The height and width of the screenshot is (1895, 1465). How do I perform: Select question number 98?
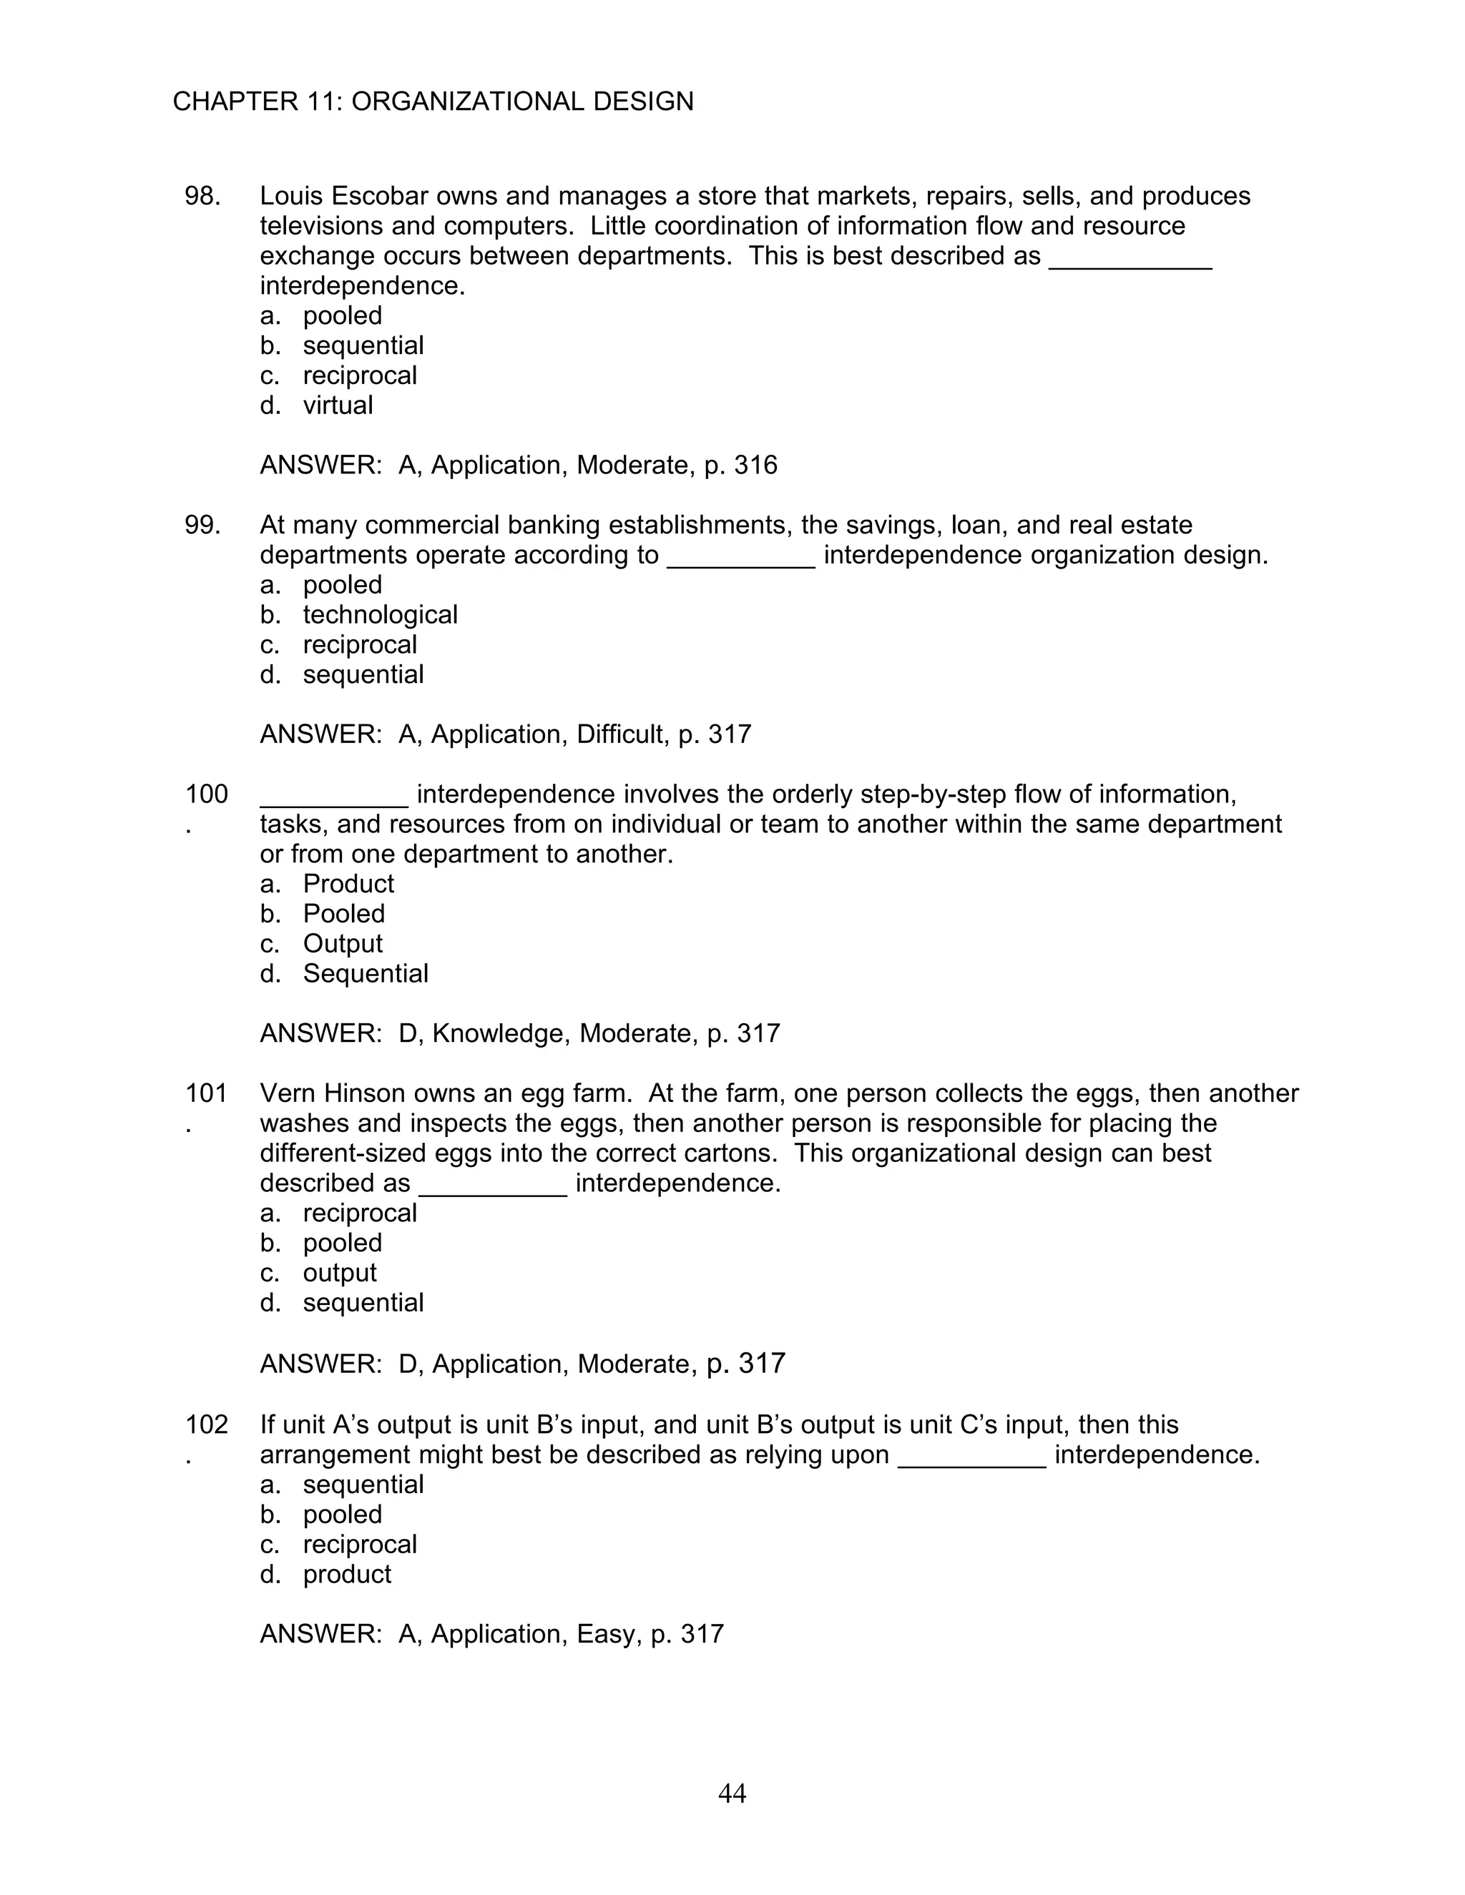tap(202, 196)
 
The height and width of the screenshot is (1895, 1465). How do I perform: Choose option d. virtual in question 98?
tap(338, 405)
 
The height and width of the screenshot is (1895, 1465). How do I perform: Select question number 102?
tap(207, 1424)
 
